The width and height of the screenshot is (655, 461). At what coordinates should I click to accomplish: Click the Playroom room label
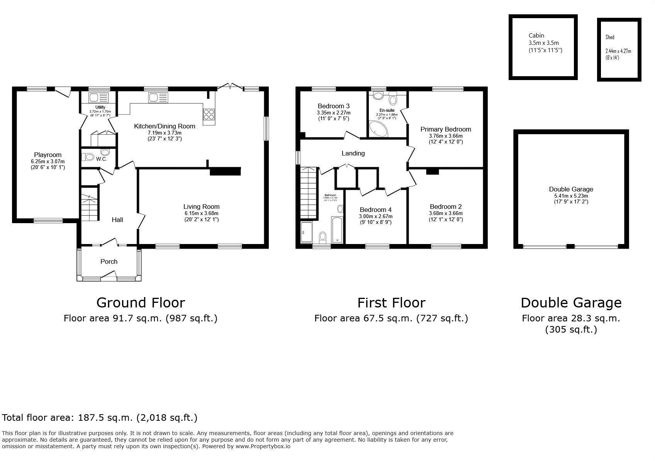(x=48, y=155)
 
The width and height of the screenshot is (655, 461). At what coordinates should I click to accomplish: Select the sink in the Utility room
(x=94, y=97)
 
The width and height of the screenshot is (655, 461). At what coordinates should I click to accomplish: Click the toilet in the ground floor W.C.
(x=88, y=157)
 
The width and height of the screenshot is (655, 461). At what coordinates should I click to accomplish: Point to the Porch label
(x=109, y=262)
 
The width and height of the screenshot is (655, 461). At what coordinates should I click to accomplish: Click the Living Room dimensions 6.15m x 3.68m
(x=201, y=213)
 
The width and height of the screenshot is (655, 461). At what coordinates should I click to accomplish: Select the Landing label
(x=353, y=154)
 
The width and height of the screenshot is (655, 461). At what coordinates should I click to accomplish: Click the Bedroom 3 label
(x=334, y=106)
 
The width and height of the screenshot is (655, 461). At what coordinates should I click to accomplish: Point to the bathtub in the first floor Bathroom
(x=337, y=229)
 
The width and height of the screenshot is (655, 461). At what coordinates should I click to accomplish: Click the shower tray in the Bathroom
(x=306, y=232)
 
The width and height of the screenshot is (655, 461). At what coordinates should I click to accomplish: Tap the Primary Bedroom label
(x=446, y=129)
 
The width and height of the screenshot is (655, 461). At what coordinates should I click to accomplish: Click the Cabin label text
(x=536, y=35)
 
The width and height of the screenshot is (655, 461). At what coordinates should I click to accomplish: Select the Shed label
(x=610, y=37)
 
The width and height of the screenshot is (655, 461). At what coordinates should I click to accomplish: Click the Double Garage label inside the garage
(x=571, y=189)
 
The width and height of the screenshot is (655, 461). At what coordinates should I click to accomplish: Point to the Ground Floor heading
(x=141, y=302)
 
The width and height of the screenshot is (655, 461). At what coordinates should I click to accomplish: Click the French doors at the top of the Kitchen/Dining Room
(x=230, y=86)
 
